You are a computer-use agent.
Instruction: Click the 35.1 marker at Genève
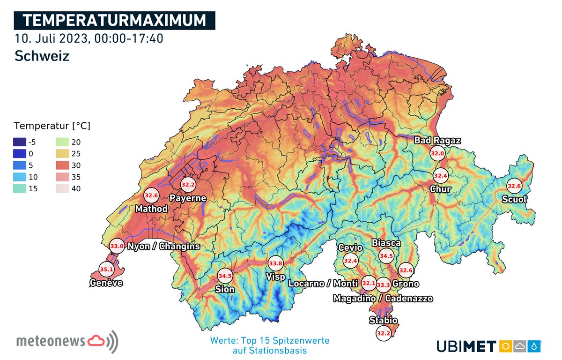[107, 270]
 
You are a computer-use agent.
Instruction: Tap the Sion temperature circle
[225, 276]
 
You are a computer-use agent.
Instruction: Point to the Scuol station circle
[514, 186]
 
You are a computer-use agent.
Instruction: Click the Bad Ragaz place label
[437, 140]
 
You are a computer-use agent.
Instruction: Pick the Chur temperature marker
[440, 176]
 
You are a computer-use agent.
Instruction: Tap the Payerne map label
[188, 198]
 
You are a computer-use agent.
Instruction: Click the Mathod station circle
[151, 195]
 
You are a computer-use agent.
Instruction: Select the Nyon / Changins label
[163, 246]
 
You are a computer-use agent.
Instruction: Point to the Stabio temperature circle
[383, 333]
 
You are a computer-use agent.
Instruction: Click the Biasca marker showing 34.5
[386, 256]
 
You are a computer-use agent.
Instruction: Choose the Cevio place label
[350, 247]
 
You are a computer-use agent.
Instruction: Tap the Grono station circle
[405, 270]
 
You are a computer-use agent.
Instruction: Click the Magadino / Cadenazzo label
[383, 299]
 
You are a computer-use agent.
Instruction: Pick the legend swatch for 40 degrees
[62, 189]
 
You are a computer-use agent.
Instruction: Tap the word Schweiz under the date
[42, 56]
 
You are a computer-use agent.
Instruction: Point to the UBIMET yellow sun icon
[506, 346]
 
